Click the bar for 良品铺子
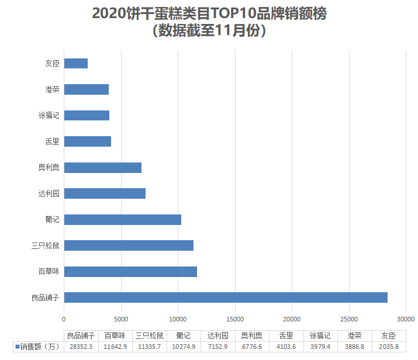pos(226,297)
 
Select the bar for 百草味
pos(130,271)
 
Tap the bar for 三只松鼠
pos(129,245)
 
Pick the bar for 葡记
pos(123,220)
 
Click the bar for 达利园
pos(105,193)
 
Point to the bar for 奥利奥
pos(103,168)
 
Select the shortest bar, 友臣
pos(76,63)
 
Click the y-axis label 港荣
pos(52,89)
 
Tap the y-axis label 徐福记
pos(49,115)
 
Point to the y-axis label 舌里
pos(52,141)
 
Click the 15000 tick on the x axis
pos(235,319)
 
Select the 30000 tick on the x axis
pos(406,319)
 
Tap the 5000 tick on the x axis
pos(121,319)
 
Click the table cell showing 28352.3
pos(81,347)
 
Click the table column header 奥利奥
pos(252,336)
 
